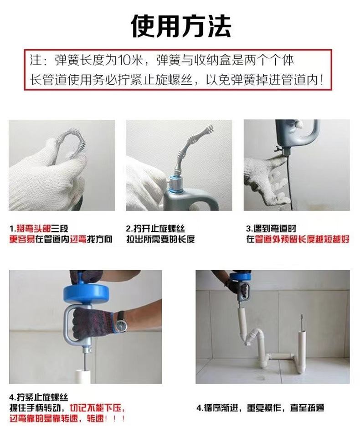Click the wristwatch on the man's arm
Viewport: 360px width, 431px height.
click(121, 325)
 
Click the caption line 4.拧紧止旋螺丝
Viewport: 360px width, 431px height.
click(39, 397)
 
